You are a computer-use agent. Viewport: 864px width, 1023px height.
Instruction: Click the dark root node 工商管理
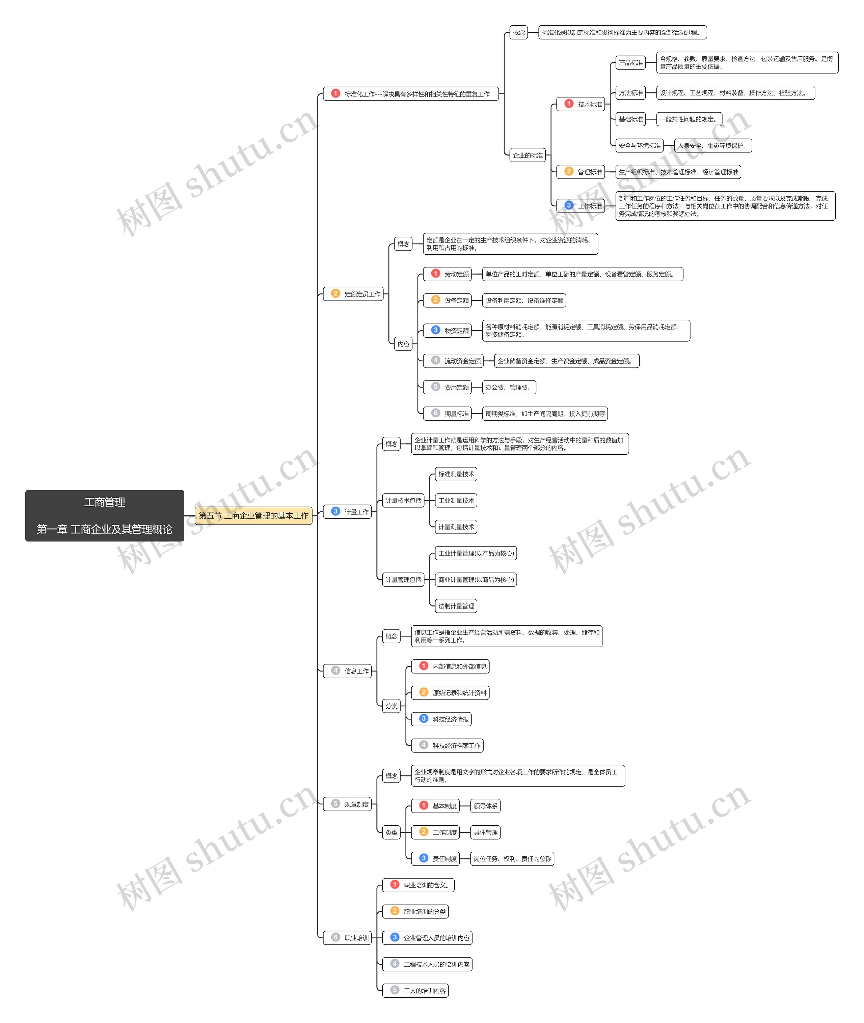[104, 515]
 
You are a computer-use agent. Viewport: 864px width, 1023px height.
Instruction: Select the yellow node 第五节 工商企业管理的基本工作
[253, 515]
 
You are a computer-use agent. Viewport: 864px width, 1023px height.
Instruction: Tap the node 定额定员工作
[353, 294]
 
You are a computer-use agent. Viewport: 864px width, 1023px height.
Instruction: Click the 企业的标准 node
[528, 155]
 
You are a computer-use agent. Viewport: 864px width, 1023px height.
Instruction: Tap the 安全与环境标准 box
[639, 145]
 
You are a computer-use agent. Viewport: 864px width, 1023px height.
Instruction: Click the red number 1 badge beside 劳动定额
[435, 274]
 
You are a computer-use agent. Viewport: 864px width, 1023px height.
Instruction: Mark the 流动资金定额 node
[454, 361]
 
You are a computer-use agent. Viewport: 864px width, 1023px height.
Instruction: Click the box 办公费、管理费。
[509, 387]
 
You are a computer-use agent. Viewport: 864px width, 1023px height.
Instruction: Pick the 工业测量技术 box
[456, 500]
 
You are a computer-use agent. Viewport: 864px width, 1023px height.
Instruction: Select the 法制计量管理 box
[456, 606]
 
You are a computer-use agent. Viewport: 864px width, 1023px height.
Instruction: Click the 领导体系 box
[485, 806]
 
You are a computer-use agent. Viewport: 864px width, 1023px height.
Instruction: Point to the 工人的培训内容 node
[416, 991]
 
